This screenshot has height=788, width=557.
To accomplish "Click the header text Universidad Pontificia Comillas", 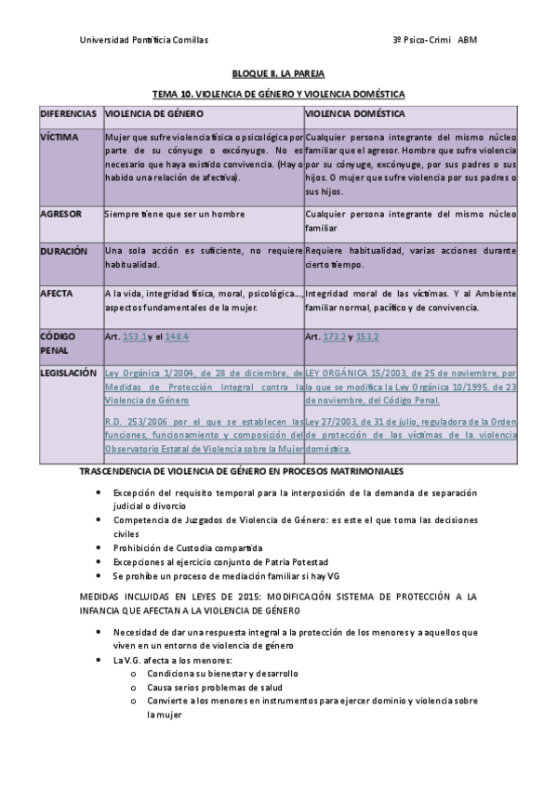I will coord(144,40).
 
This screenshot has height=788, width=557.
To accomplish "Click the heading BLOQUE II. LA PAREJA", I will coord(278,72).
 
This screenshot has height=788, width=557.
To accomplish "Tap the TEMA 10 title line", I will coord(278,95).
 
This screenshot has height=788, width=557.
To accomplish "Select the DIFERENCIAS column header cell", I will coord(69,113).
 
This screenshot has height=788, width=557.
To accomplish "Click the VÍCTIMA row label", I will coord(60,136).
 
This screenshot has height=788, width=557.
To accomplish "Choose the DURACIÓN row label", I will coord(64,251).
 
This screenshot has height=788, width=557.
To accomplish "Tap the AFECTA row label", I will coord(58,293).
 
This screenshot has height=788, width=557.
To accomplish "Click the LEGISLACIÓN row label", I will coord(69,373).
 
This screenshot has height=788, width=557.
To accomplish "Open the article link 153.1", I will coord(135,336).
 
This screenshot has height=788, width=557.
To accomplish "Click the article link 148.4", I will coord(177,336).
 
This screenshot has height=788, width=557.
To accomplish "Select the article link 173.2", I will coord(333,336).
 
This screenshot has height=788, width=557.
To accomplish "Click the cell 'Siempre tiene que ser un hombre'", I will coord(175,214).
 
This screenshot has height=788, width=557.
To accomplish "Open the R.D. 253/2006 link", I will coord(204,435).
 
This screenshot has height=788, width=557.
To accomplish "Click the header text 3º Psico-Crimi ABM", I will coord(435,40).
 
